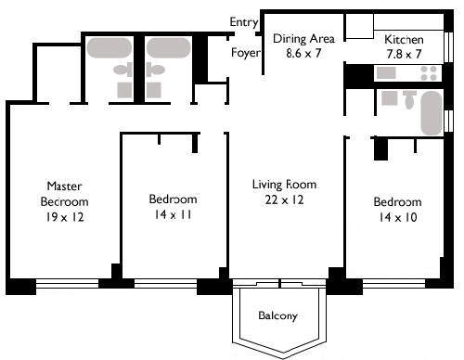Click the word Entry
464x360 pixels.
[x=244, y=22]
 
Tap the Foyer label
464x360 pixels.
[x=246, y=53]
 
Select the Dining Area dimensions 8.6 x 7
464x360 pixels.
[x=303, y=53]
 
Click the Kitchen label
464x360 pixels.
[x=404, y=39]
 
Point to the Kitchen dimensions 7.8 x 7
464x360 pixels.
[x=404, y=54]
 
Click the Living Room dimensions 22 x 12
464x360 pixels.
[x=284, y=199]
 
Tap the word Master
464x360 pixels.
[x=64, y=186]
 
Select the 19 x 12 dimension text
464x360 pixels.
[x=65, y=217]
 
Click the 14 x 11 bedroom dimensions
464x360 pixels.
[x=173, y=214]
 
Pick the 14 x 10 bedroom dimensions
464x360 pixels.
[x=398, y=217]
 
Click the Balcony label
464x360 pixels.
[x=277, y=315]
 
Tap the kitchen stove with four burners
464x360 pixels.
[x=429, y=73]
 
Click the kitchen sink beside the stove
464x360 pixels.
[x=386, y=73]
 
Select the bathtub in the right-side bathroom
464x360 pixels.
[x=432, y=113]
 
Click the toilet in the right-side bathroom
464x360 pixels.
[x=409, y=99]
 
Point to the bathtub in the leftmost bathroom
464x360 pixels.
[x=110, y=48]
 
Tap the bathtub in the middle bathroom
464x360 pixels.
[x=169, y=48]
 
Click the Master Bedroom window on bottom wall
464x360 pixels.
[x=67, y=284]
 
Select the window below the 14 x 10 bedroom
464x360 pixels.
[x=393, y=284]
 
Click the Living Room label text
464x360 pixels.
[x=284, y=185]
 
